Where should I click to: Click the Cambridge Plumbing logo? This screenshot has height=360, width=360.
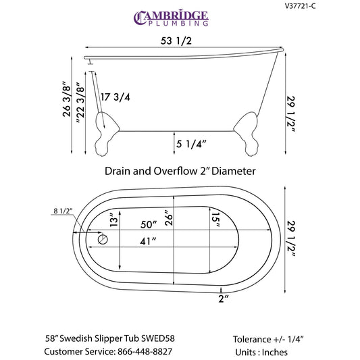[x=171, y=18]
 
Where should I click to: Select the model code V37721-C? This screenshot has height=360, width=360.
[x=301, y=5]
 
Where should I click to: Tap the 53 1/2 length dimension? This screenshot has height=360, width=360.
[x=176, y=41]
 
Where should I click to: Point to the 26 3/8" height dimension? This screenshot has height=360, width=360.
[x=67, y=99]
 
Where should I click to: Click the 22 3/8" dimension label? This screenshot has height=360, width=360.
[x=80, y=103]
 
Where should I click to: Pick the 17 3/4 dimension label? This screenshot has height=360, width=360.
[x=115, y=97]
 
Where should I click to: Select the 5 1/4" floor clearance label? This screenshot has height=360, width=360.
[x=191, y=144]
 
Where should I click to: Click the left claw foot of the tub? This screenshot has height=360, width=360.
[x=106, y=134]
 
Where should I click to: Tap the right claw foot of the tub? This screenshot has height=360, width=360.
[x=247, y=134]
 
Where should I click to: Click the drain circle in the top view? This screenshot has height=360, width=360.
[x=103, y=240]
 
